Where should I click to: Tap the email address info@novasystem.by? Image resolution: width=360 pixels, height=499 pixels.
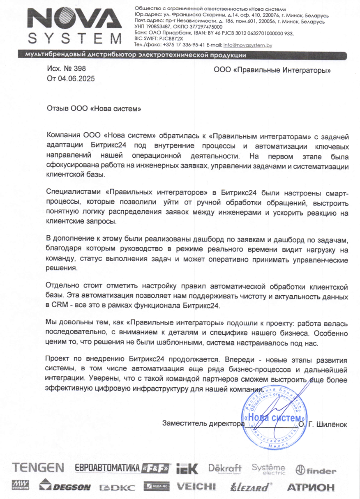pyautogui.click(x=247, y=44)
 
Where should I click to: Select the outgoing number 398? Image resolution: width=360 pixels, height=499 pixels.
pyautogui.click(x=78, y=69)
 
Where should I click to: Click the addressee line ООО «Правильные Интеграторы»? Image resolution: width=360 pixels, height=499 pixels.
pyautogui.click(x=272, y=71)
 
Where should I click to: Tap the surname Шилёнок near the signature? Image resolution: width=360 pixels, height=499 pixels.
pyautogui.click(x=332, y=423)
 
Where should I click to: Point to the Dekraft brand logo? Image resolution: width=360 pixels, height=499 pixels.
pyautogui.click(x=224, y=469)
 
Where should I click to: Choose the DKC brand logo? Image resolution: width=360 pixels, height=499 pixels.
pyautogui.click(x=117, y=488)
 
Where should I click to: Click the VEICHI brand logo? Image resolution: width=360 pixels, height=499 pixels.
pyautogui.click(x=196, y=487)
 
